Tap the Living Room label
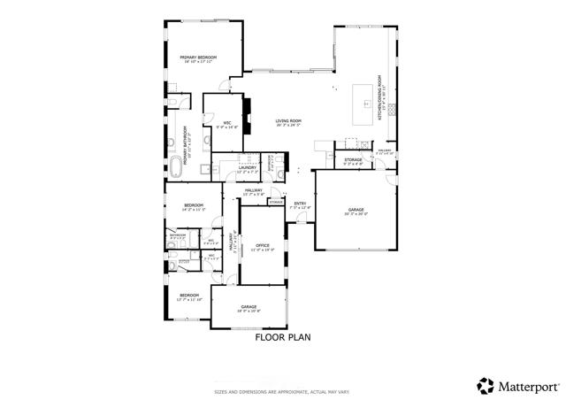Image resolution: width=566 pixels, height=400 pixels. click(287, 122)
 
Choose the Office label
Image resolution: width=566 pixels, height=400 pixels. click(262, 246)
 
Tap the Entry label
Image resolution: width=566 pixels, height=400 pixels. click(300, 204)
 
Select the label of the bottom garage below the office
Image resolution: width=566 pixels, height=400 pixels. click(248, 306)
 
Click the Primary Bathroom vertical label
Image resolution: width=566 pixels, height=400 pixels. click(187, 141)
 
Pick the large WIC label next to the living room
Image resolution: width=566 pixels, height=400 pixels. click(226, 124)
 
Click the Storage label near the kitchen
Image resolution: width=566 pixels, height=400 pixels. click(353, 160)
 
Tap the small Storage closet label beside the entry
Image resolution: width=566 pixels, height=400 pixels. click(276, 203)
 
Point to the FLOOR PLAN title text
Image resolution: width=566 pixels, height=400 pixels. click(283, 337)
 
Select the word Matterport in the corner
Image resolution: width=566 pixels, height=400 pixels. click(529, 386)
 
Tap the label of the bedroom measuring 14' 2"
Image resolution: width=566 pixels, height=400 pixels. click(194, 207)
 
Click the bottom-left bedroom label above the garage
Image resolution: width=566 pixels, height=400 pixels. click(189, 296)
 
